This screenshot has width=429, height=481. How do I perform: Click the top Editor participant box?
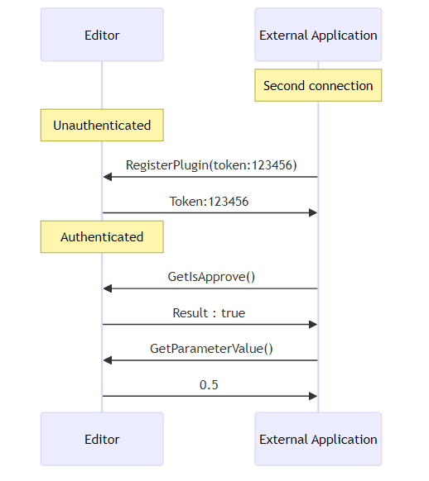click(x=102, y=35)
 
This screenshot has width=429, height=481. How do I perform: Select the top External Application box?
click(x=318, y=35)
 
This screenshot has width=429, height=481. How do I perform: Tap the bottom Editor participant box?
click(x=102, y=439)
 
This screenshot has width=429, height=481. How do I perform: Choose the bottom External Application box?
click(x=318, y=439)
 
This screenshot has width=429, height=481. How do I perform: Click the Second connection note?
click(x=318, y=85)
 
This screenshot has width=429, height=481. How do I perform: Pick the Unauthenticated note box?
click(x=102, y=125)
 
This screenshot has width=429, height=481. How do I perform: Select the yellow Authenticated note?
click(x=102, y=237)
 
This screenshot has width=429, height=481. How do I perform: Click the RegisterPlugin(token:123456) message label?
click(x=211, y=165)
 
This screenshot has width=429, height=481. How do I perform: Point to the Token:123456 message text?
click(x=209, y=202)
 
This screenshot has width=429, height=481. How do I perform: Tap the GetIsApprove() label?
click(x=211, y=277)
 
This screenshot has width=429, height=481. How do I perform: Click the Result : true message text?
click(x=209, y=313)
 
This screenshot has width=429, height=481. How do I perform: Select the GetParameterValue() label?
click(x=211, y=349)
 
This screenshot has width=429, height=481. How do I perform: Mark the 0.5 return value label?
click(x=209, y=385)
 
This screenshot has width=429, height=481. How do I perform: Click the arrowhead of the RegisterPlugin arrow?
click(x=108, y=177)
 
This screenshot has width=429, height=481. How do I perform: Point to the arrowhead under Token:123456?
click(x=313, y=213)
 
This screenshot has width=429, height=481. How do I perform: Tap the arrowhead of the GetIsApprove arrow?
click(x=108, y=288)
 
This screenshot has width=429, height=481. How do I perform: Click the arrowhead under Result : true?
click(x=313, y=325)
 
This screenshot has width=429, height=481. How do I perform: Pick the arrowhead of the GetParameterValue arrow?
click(x=108, y=360)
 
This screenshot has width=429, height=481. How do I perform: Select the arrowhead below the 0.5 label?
click(x=313, y=397)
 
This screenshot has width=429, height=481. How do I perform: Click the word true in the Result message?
click(x=234, y=313)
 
